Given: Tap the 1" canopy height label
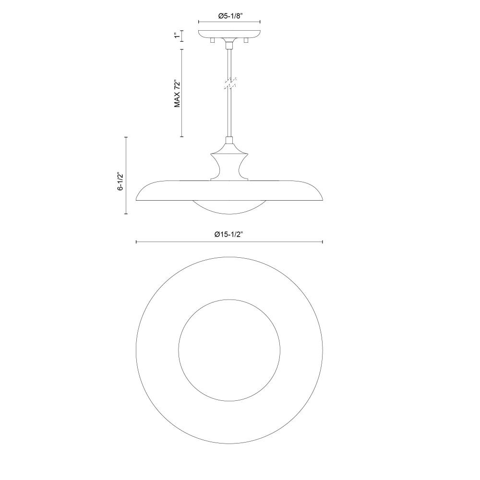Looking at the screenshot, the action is [176, 36].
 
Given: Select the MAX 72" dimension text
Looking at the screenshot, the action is [177, 94].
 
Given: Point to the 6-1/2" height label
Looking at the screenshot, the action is [120, 182].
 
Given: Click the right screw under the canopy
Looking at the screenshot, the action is [245, 40].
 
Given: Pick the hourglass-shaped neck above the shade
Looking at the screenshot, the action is [229, 166].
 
